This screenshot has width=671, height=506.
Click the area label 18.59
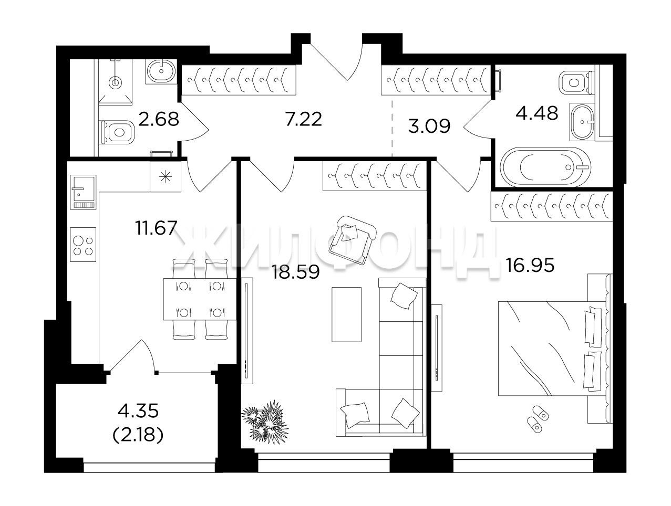pyautogui.click(x=296, y=272)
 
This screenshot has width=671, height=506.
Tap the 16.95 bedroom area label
pyautogui.click(x=530, y=265)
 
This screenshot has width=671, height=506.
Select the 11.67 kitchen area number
pyautogui.click(x=156, y=228)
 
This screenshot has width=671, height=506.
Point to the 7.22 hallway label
pyautogui.click(x=304, y=119)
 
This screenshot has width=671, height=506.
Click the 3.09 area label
pyautogui.click(x=429, y=126)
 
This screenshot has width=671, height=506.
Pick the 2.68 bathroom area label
pyautogui.click(x=159, y=119)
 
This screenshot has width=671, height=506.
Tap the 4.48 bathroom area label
pyautogui.click(x=537, y=113)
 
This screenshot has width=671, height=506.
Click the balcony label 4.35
pyautogui.click(x=138, y=410)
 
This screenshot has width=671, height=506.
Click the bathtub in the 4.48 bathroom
pyautogui.click(x=545, y=167)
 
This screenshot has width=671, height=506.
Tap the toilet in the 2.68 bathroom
pyautogui.click(x=117, y=132)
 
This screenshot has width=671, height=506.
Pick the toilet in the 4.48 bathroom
pyautogui.click(x=576, y=82)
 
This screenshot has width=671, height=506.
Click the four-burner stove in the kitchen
pyautogui.click(x=83, y=245)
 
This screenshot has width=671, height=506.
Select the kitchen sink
pyautogui.click(x=83, y=192)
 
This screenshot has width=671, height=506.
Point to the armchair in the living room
pyautogui.click(x=352, y=240)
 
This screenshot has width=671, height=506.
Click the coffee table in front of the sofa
pyautogui.click(x=347, y=314)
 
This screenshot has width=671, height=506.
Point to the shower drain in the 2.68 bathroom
pyautogui.click(x=116, y=82)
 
